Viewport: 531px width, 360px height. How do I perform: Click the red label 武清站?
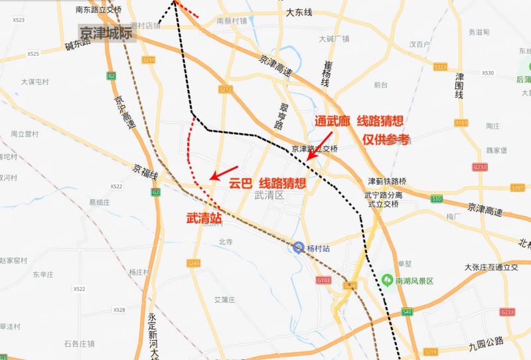pyautogui.click(x=204, y=217)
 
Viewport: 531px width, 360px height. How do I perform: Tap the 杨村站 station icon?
pyautogui.click(x=299, y=248)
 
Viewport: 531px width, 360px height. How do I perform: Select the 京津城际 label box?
pyautogui.click(x=106, y=33)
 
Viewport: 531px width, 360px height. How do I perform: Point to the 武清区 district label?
pyautogui.click(x=269, y=195)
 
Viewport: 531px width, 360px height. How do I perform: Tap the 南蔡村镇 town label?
pyautogui.click(x=232, y=21)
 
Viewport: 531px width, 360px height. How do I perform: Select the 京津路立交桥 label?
pyautogui.click(x=315, y=149)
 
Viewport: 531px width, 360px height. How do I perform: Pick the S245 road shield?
pyautogui.click(x=193, y=264)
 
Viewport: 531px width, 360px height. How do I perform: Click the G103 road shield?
pyautogui.click(x=323, y=280)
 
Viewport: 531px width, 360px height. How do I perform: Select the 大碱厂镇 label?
pyautogui.click(x=333, y=39)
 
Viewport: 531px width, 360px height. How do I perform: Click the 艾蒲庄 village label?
pyautogui.click(x=224, y=300)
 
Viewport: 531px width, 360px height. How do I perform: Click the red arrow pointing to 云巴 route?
pyautogui.click(x=222, y=172)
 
